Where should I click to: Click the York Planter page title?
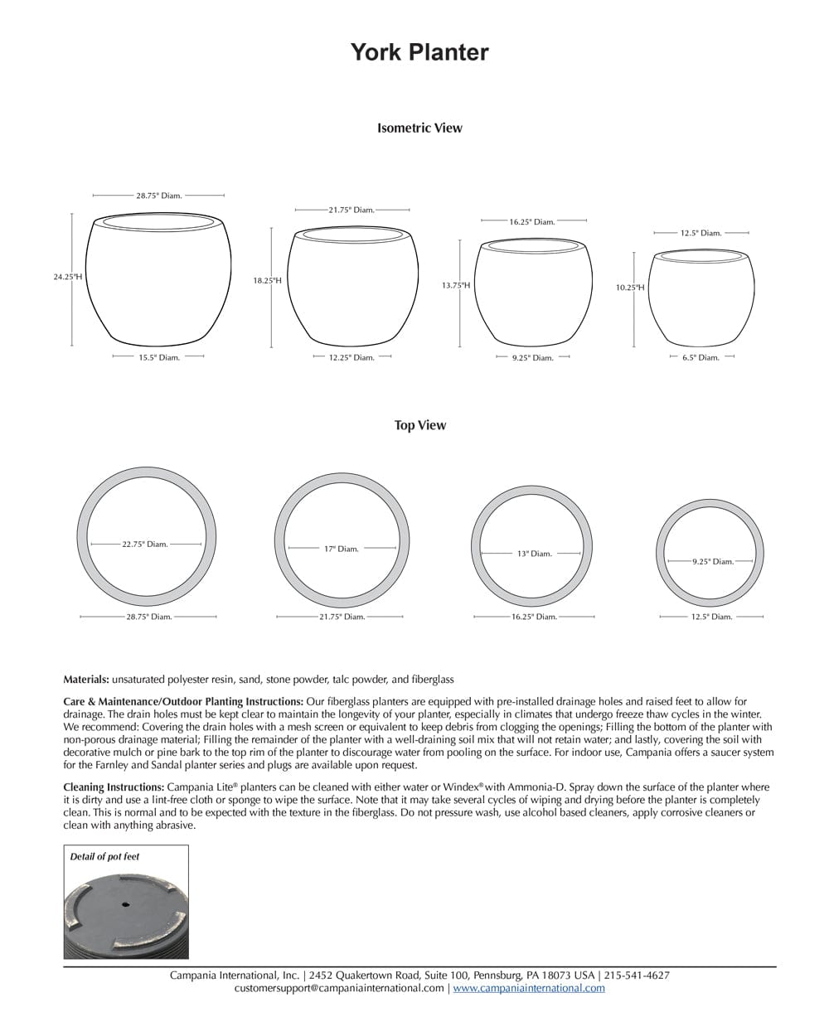(x=419, y=52)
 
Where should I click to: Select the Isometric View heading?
(x=419, y=128)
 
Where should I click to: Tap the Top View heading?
(x=419, y=425)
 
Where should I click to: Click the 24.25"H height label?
(x=68, y=277)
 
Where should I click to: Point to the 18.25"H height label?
(x=267, y=281)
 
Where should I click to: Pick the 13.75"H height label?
(x=455, y=285)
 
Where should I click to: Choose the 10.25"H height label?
(x=629, y=288)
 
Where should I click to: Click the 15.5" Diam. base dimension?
(x=158, y=357)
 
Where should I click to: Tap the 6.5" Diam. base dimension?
(x=701, y=357)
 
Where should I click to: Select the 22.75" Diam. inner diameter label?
(x=145, y=545)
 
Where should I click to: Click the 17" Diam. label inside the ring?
(x=341, y=549)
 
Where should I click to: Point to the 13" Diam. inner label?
(x=534, y=554)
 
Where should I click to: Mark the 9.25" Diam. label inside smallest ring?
(x=712, y=562)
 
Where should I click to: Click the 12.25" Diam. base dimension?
(x=352, y=357)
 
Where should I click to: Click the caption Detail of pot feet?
(x=104, y=856)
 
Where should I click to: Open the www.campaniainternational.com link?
(x=529, y=988)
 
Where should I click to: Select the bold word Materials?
(x=86, y=680)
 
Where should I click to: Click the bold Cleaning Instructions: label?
(x=114, y=787)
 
